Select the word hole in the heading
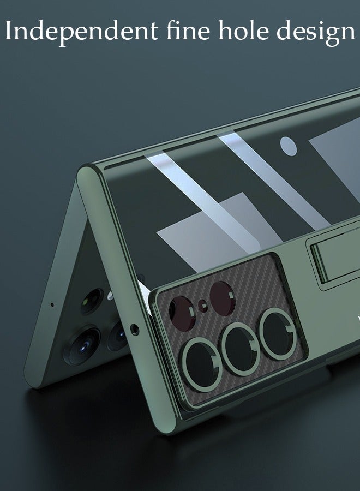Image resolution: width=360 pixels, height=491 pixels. coord(244,30)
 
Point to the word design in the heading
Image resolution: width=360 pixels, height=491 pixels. coord(316,33)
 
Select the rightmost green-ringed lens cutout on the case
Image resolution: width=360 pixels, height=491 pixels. coord(278,333)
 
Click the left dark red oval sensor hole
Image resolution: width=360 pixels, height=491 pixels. coord(182,313)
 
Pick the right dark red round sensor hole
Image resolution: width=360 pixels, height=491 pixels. coord(221,298)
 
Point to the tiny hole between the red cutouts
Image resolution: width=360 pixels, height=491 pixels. coord(203,306)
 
